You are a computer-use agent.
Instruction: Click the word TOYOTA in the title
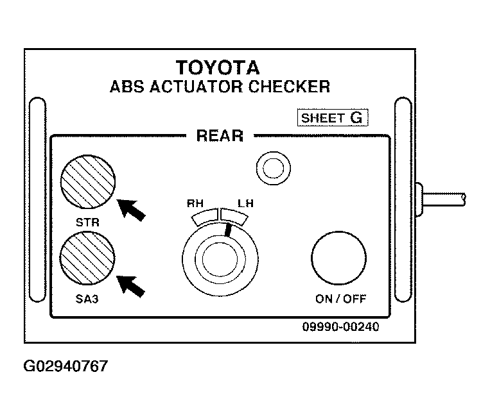tap(218, 67)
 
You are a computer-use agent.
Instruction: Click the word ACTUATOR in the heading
tap(196, 87)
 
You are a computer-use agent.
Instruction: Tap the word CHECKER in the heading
tap(289, 87)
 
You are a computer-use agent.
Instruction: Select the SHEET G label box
tap(333, 117)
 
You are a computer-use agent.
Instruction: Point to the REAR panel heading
tap(220, 136)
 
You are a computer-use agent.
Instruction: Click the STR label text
tap(87, 223)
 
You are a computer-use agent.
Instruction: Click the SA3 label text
tap(87, 299)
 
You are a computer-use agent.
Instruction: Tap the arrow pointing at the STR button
tap(131, 210)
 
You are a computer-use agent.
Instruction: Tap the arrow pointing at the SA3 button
tap(131, 287)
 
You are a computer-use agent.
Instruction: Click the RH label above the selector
tap(195, 203)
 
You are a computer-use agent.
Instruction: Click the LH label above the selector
tap(245, 203)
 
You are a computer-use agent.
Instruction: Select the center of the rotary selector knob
tap(220, 259)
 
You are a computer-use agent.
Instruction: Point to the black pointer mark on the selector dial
tap(229, 230)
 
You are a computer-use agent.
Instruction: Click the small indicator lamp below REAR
tap(274, 168)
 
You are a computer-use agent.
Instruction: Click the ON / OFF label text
tap(340, 299)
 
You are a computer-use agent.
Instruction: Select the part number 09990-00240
tap(340, 326)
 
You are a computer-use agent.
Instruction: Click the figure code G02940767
tap(66, 366)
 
